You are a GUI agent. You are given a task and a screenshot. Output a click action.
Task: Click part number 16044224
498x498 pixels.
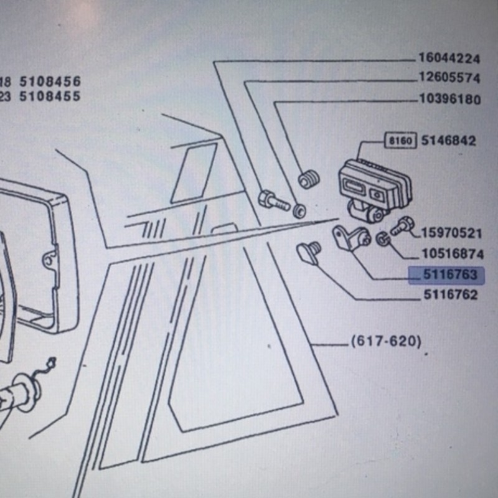point(449,59)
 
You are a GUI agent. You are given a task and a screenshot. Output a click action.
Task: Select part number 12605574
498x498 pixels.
point(449,78)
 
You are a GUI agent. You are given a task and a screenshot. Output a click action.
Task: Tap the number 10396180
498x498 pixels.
point(450,99)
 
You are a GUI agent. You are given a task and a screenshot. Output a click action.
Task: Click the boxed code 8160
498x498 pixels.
point(400,141)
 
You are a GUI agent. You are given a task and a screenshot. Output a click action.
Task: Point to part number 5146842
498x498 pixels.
point(448,141)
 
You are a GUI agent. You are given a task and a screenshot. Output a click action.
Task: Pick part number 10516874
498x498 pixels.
point(453,254)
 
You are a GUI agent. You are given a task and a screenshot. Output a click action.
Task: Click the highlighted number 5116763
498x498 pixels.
point(450,275)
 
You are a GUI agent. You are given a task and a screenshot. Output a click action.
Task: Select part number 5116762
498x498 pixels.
point(451,295)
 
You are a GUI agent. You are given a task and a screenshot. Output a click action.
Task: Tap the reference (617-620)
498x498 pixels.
point(386,341)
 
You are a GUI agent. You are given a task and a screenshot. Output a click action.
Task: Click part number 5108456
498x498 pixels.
point(50,82)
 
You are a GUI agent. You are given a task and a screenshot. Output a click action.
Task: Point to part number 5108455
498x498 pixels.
point(50,96)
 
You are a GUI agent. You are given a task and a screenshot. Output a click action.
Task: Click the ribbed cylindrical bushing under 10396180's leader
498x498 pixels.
point(309,179)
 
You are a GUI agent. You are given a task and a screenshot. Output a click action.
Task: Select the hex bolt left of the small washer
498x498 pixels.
point(273,200)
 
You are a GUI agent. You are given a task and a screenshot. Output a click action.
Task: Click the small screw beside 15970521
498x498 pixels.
point(402,225)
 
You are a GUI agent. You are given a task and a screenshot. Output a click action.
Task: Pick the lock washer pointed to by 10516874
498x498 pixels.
point(383,238)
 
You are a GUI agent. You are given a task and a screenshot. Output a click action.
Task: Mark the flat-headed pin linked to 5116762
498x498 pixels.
point(309,253)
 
